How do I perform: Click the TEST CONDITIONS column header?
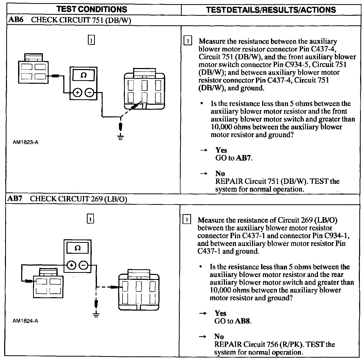click(x=92, y=10)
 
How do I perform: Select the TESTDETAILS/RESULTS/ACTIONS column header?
click(x=271, y=10)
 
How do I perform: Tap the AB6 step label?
click(x=16, y=20)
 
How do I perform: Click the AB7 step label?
click(x=15, y=199)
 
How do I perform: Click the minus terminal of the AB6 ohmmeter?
click(x=89, y=92)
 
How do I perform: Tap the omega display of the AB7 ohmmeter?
click(x=77, y=248)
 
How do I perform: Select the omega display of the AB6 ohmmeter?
click(x=84, y=75)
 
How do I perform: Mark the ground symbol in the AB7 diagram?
click(x=96, y=314)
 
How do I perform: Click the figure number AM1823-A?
click(x=25, y=142)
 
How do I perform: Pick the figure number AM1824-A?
click(x=25, y=321)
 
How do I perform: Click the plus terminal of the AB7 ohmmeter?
click(x=72, y=265)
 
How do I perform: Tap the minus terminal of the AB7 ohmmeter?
click(x=83, y=265)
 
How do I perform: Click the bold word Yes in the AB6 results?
click(x=221, y=150)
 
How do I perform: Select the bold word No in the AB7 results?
click(x=219, y=336)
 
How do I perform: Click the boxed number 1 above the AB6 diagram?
click(x=91, y=40)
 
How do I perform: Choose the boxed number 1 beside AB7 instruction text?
click(x=187, y=220)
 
